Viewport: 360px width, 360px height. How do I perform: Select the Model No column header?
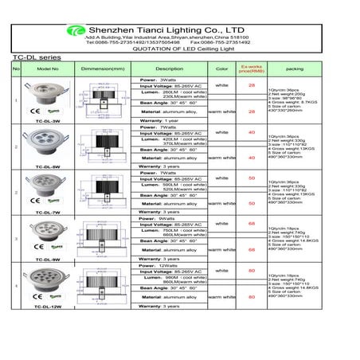click(48, 69)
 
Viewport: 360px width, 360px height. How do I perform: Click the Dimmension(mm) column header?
click(103, 69)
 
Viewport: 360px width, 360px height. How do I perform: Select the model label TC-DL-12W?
click(48, 305)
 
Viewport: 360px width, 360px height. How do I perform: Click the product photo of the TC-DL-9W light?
click(47, 232)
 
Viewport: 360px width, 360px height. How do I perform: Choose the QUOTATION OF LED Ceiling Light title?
click(180, 48)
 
